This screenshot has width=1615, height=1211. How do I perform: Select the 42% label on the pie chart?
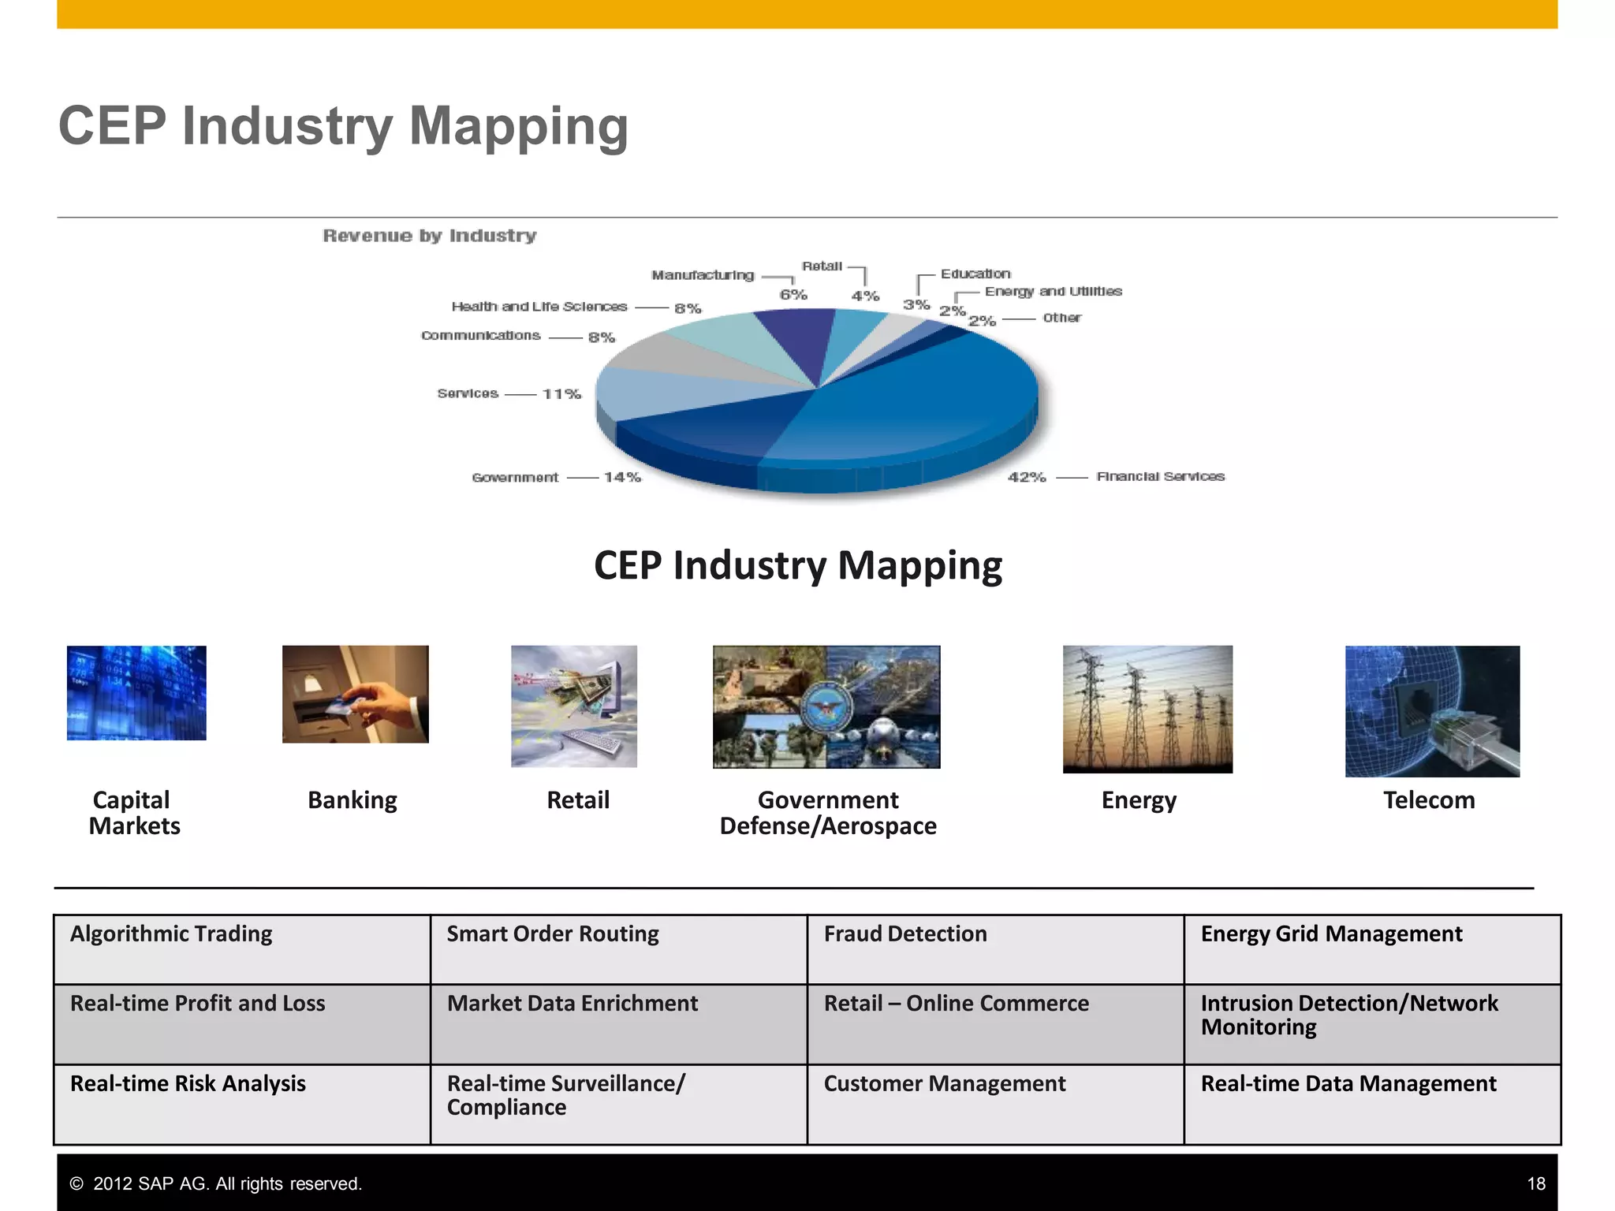click(x=1027, y=477)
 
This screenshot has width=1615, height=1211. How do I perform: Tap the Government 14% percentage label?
click(x=622, y=477)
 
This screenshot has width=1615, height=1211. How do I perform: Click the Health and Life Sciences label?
click(x=539, y=307)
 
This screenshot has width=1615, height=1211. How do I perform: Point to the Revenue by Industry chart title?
click(x=430, y=236)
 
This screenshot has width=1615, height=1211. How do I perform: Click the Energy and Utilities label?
click(x=1053, y=292)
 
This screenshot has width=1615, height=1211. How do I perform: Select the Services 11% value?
click(x=561, y=393)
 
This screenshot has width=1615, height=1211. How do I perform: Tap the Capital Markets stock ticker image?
click(x=136, y=693)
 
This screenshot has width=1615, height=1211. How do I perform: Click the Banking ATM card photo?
click(x=355, y=694)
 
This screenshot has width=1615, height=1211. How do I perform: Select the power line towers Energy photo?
click(x=1147, y=709)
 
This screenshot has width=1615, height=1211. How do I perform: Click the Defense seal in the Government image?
click(x=826, y=707)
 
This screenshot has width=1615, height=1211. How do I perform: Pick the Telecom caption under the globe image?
click(x=1429, y=800)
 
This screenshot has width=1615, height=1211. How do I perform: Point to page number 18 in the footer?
click(x=1535, y=1183)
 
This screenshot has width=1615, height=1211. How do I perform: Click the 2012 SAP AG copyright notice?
click(x=216, y=1183)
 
